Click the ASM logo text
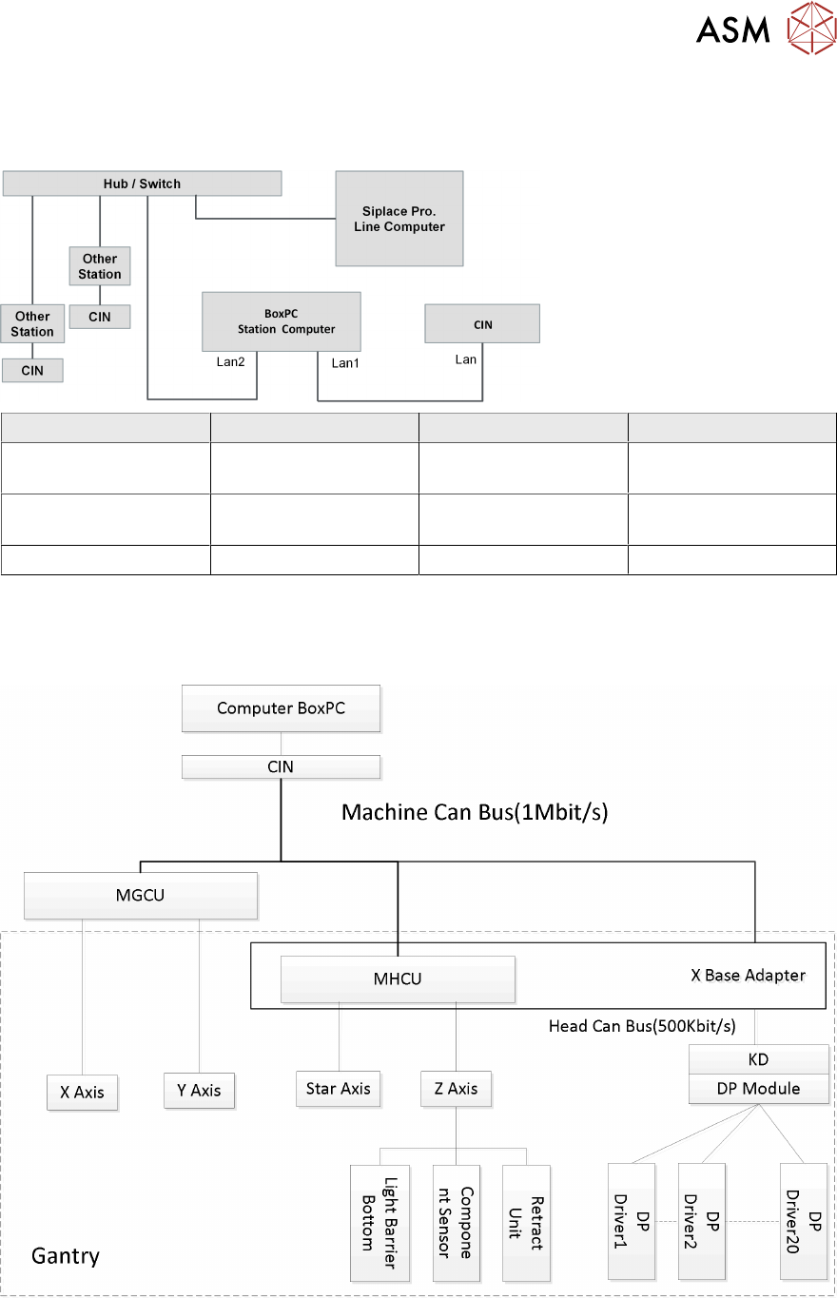(x=732, y=30)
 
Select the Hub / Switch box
(x=142, y=184)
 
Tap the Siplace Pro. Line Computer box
(x=399, y=219)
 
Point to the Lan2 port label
(x=231, y=361)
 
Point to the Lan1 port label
(x=345, y=362)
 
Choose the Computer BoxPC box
(x=281, y=707)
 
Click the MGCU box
(x=141, y=895)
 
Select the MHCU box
(x=398, y=978)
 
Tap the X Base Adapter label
(x=748, y=975)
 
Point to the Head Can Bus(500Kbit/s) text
(x=642, y=1026)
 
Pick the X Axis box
(x=82, y=1093)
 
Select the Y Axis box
(x=199, y=1091)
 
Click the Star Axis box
(x=338, y=1088)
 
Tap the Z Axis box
(x=456, y=1088)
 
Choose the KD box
(x=758, y=1059)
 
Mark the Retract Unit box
(x=526, y=1221)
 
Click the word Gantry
(x=66, y=1255)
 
